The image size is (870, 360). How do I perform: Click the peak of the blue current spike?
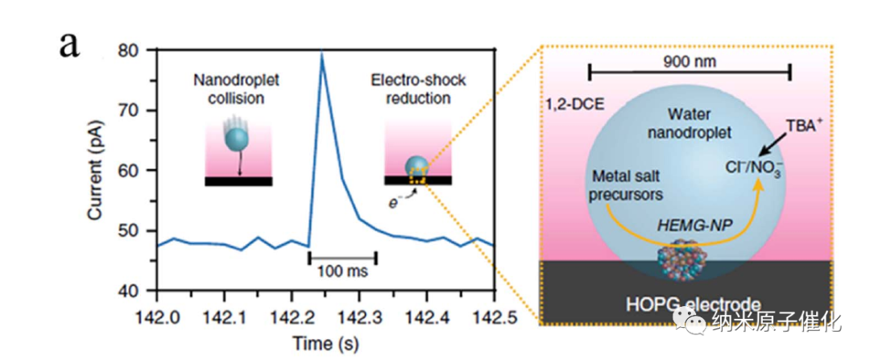point(322,53)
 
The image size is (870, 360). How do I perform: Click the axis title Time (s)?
point(325,341)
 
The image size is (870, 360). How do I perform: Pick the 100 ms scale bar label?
point(342,271)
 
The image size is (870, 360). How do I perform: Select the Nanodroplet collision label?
point(238,89)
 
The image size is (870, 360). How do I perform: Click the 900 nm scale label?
point(690,61)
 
